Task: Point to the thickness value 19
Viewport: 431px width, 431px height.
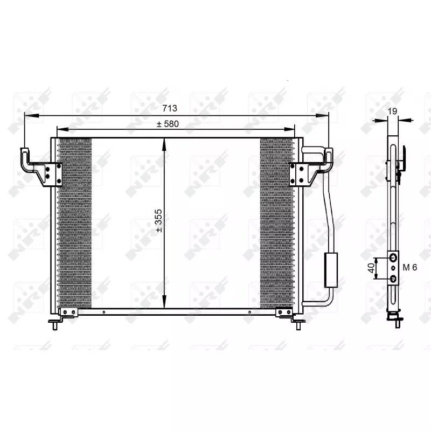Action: click(x=393, y=111)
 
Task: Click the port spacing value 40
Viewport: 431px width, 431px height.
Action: click(x=372, y=268)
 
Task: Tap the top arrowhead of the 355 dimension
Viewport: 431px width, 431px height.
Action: click(x=164, y=141)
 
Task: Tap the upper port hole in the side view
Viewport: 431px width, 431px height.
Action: click(x=393, y=258)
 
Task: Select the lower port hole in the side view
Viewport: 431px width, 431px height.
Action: click(x=393, y=278)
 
